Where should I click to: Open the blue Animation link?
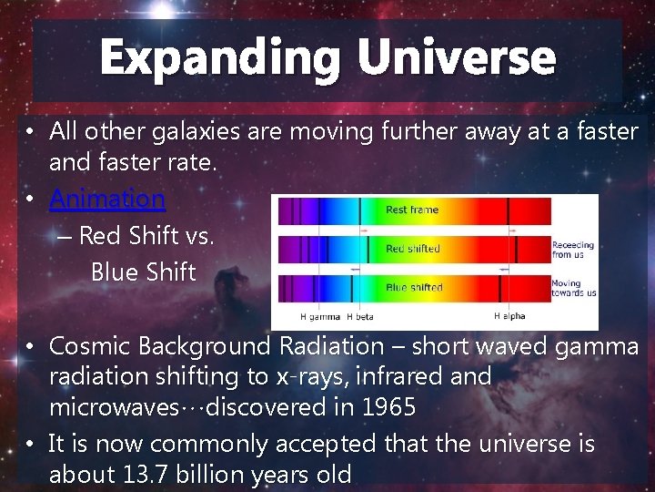(107, 199)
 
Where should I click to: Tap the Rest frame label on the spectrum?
(411, 210)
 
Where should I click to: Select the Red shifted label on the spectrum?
(412, 249)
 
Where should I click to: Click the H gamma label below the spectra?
(320, 317)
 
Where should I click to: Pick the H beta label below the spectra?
(368, 317)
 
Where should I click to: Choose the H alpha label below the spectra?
(509, 317)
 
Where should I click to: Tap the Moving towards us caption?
(573, 288)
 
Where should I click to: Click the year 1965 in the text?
(387, 407)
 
